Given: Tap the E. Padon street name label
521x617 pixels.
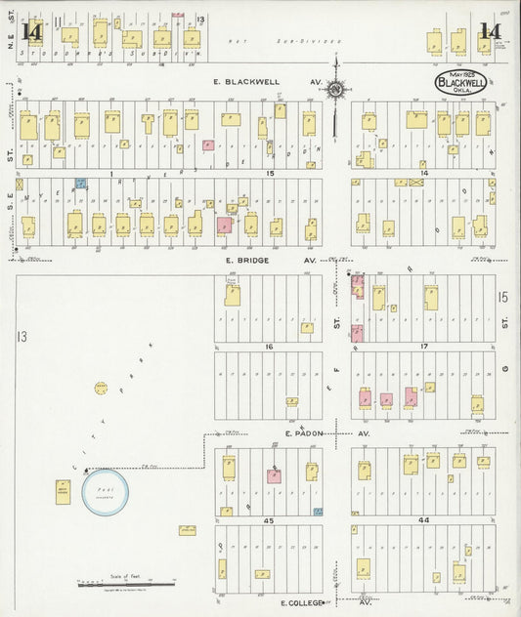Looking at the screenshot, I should click(305, 432).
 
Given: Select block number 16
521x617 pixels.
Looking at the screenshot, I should click(268, 347).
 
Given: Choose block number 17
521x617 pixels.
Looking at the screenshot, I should click(424, 347).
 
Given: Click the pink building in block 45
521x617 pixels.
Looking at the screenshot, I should click(276, 476).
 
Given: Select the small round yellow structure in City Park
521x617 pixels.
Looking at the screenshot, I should click(101, 389).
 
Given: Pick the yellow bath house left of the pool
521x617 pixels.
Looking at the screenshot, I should click(63, 491).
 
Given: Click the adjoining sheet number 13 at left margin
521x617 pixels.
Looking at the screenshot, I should click(19, 337).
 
